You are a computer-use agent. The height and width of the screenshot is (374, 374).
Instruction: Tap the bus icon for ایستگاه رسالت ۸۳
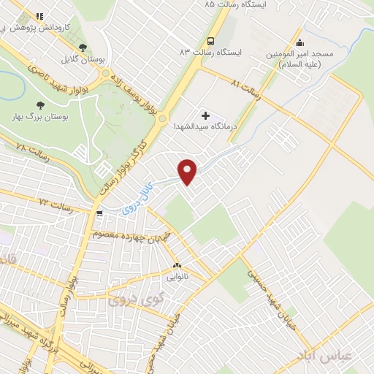(x=210, y=41)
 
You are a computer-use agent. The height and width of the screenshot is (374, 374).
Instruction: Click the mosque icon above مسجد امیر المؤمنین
(x=299, y=42)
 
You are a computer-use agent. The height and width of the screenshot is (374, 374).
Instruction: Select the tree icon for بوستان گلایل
(x=91, y=47)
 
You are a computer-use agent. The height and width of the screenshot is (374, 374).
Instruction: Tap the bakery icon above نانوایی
(x=177, y=265)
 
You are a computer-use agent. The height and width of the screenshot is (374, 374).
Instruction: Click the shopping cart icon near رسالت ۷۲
(x=99, y=214)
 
